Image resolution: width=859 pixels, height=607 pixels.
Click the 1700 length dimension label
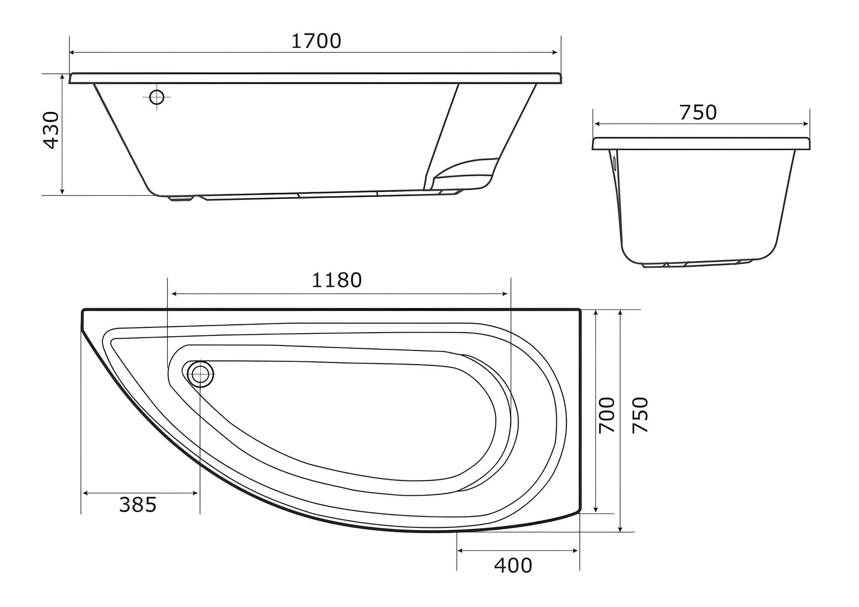pyautogui.click(x=316, y=41)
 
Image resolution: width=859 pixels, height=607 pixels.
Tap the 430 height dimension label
pyautogui.click(x=52, y=130)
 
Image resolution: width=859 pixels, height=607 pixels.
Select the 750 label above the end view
pyautogui.click(x=698, y=112)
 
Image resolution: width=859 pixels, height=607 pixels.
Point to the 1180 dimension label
pyautogui.click(x=337, y=280)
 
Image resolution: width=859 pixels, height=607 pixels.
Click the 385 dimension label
pyautogui.click(x=138, y=505)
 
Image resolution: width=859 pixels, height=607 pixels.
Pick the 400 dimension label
pyautogui.click(x=513, y=566)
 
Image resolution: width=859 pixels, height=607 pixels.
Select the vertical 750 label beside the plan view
pyautogui.click(x=640, y=415)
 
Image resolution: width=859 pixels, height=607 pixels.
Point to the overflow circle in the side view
pyautogui.click(x=157, y=97)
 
